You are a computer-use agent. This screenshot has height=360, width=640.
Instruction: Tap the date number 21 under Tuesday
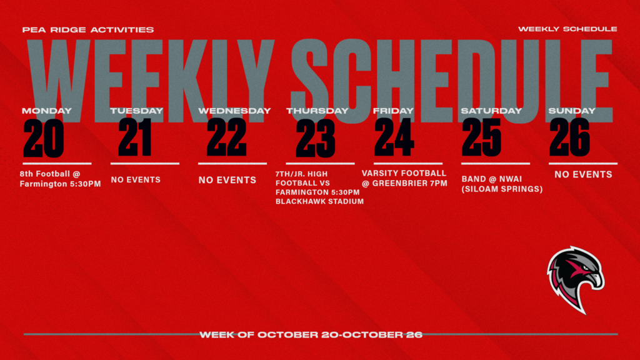tap(134, 138)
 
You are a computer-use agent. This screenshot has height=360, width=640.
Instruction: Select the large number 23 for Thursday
tap(315, 138)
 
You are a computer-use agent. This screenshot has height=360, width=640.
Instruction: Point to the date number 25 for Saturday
tap(481, 138)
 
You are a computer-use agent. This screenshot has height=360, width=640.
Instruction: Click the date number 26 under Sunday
tap(569, 138)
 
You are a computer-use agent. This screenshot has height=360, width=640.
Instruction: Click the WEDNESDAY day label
tap(234, 111)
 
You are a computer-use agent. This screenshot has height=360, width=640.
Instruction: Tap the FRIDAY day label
tap(393, 111)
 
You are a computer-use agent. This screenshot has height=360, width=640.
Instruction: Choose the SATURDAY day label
tap(491, 111)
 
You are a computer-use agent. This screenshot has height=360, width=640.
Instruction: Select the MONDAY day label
tap(47, 111)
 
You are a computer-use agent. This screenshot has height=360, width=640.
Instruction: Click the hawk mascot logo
tap(575, 279)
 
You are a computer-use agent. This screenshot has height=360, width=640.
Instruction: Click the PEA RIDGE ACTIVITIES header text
tap(87, 29)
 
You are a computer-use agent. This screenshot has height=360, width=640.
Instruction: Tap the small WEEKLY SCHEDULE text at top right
tap(567, 29)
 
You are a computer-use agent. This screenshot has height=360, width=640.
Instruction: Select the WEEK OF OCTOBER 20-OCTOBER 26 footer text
tap(311, 334)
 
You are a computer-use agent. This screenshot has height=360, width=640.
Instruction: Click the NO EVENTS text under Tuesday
tap(136, 179)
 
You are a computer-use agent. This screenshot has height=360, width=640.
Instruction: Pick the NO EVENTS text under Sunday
tap(583, 174)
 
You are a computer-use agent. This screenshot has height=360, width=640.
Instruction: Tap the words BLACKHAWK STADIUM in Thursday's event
tap(319, 202)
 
